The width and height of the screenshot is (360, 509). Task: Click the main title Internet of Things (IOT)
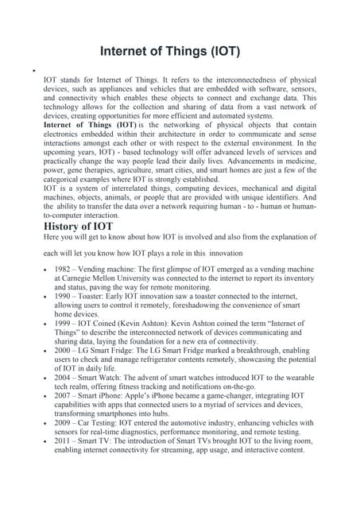180,52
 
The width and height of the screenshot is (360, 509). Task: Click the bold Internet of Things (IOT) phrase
89,126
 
